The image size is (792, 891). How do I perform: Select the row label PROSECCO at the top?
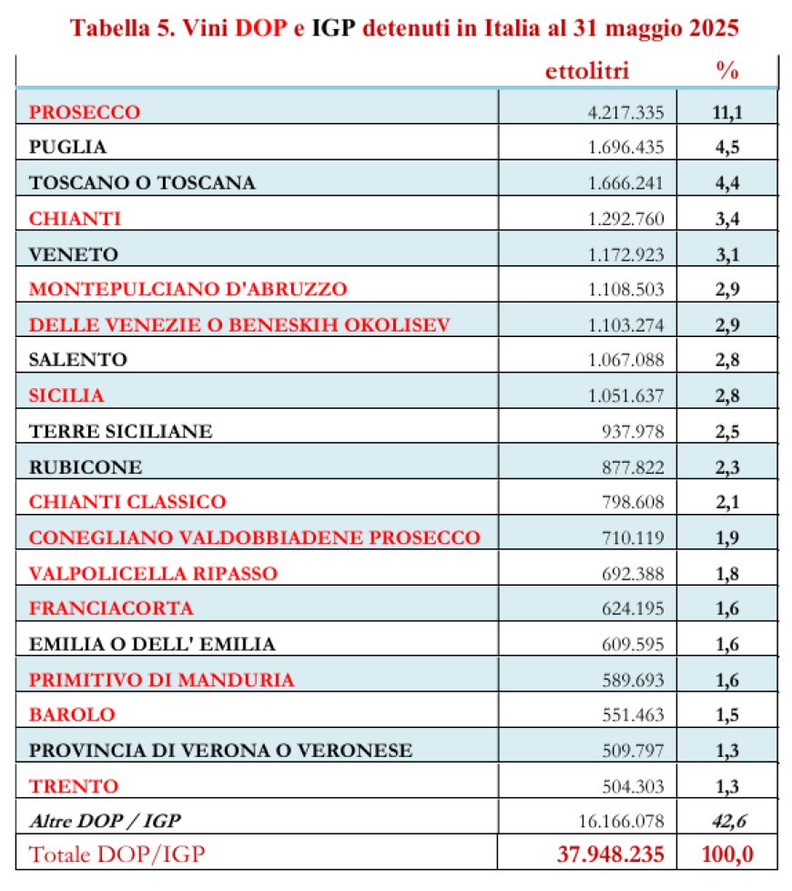[85, 112]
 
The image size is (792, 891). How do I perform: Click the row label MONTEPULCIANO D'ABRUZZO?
[188, 289]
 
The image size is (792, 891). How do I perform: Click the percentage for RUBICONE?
[727, 466]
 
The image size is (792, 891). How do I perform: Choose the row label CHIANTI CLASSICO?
[127, 502]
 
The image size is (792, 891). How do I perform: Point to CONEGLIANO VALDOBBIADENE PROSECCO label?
[254, 538]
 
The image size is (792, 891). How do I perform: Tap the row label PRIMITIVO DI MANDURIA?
[161, 680]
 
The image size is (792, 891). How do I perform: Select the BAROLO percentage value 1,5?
[727, 715]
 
